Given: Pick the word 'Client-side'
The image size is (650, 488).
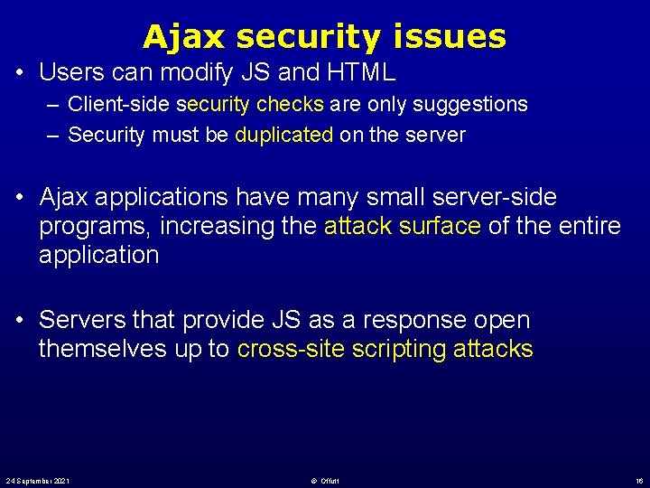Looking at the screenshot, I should [x=120, y=104].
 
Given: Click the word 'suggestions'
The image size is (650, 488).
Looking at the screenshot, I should [x=470, y=104].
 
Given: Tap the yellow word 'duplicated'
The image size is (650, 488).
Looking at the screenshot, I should [x=284, y=136].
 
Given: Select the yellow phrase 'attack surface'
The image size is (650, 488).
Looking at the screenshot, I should [x=402, y=226].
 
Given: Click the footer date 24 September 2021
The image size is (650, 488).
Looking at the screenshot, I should [x=38, y=480].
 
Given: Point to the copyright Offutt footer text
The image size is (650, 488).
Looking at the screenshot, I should [x=325, y=480].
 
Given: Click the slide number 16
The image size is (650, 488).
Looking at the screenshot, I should [x=637, y=480].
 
